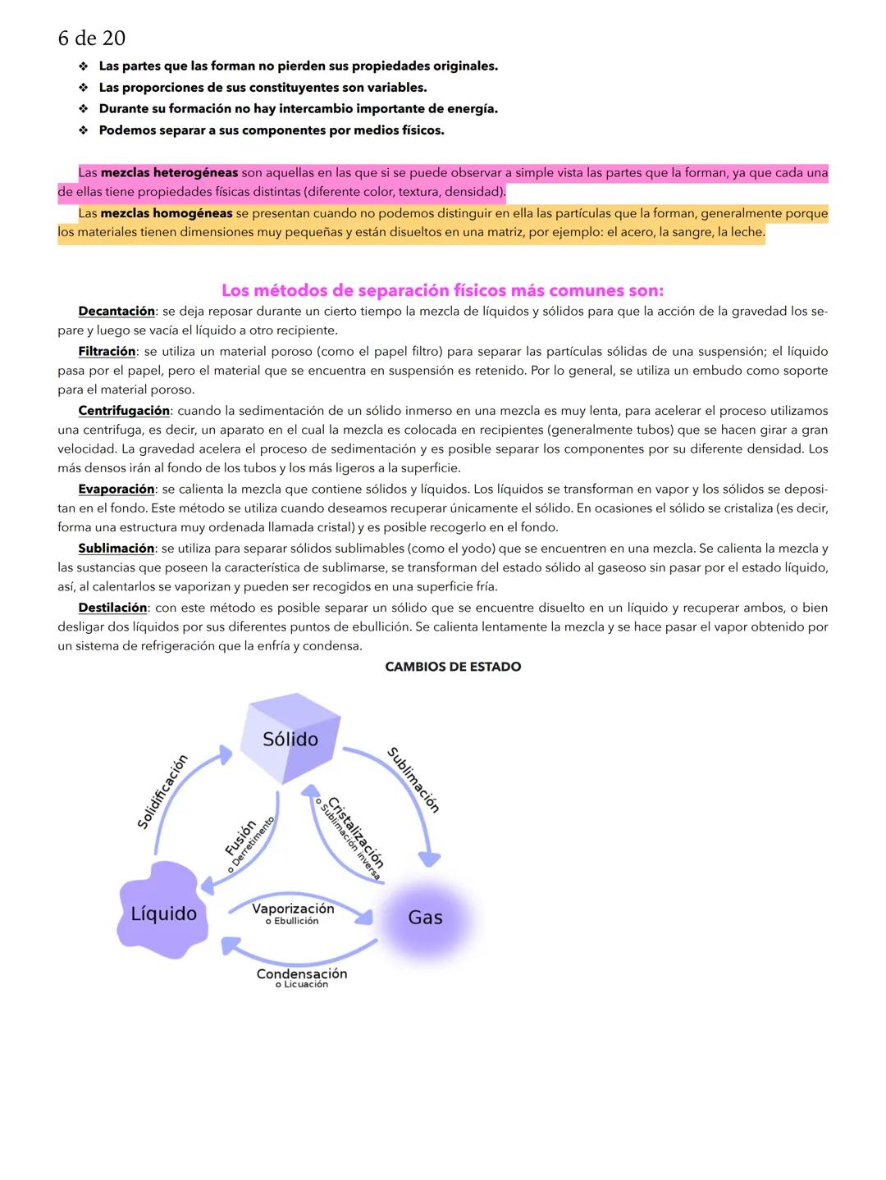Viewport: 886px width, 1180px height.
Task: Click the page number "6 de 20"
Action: (x=91, y=38)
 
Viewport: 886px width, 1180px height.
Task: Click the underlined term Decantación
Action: (x=116, y=311)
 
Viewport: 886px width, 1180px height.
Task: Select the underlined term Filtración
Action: (x=107, y=351)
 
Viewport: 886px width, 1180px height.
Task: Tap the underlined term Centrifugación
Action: (x=124, y=410)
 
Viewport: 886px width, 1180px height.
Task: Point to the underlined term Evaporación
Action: (x=116, y=489)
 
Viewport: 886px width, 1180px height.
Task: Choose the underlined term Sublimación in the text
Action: (x=116, y=548)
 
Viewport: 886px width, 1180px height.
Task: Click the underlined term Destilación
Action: (x=112, y=608)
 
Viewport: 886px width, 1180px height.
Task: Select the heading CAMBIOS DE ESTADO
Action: (x=453, y=667)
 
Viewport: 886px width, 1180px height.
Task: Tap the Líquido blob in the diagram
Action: (x=163, y=913)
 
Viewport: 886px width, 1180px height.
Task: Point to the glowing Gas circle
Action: (x=425, y=917)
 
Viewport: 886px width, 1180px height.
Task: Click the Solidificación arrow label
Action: (x=162, y=791)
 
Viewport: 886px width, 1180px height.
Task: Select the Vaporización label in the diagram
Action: (x=293, y=909)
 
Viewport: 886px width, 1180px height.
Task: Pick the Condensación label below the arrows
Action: (x=301, y=973)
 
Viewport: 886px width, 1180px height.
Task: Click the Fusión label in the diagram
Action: (x=241, y=837)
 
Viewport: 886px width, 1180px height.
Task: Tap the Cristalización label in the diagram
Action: (x=356, y=831)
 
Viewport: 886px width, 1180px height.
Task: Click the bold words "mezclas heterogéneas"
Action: (x=169, y=173)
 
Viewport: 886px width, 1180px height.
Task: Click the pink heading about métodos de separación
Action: (x=442, y=290)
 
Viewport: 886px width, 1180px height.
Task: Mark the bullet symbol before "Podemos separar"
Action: (x=83, y=130)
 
